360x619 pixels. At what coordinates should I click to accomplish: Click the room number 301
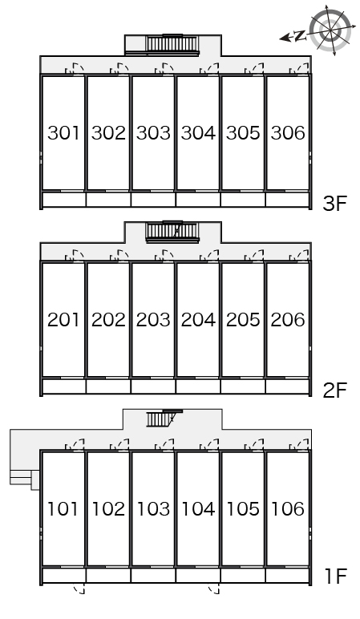point(63,132)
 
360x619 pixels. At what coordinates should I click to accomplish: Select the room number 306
point(288,132)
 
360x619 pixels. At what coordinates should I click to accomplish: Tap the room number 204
point(198,319)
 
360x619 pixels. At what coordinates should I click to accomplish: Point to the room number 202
point(108,319)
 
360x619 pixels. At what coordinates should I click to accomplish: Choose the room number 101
point(63,508)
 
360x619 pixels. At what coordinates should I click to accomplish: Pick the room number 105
point(243,508)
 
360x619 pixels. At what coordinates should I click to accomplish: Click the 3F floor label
point(334,204)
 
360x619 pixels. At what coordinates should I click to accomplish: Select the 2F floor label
point(334,390)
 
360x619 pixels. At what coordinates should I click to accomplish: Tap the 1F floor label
point(335,577)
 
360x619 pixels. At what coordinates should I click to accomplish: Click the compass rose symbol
point(330,30)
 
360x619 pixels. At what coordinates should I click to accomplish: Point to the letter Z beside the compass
point(301,36)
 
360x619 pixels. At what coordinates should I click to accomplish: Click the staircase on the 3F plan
point(172,43)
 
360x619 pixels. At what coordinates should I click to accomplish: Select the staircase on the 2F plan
point(172,231)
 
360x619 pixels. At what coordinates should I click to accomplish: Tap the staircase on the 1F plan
point(164,419)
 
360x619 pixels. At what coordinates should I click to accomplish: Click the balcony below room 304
point(198,200)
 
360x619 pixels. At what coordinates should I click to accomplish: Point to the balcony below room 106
point(288,576)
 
